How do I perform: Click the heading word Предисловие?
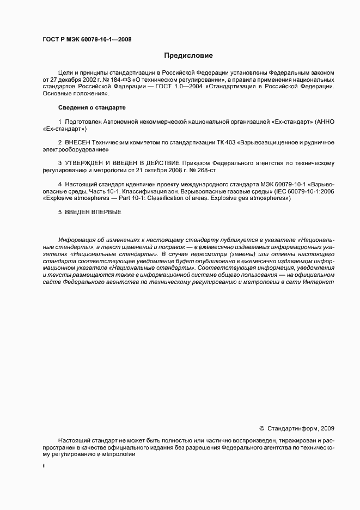point(189,56)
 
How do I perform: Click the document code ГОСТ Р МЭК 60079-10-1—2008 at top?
point(87,39)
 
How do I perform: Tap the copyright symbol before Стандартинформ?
point(261,428)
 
